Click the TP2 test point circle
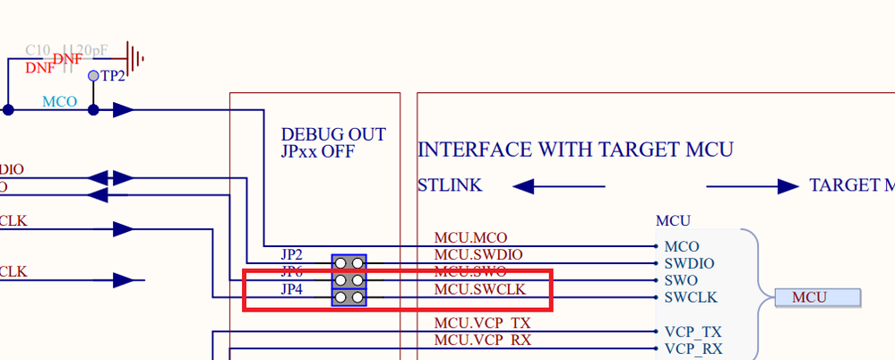coord(93,76)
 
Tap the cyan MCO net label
coord(60,102)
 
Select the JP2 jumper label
coord(292,254)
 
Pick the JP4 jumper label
coord(292,289)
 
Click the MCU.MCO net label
coord(470,238)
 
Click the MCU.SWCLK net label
coord(479,289)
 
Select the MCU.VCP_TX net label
coord(482,323)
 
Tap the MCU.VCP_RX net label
coord(482,340)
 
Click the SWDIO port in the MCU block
coord(689,263)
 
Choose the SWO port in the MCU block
coord(680,280)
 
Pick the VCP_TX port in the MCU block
coord(693,331)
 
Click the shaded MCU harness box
coord(818,297)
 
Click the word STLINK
coord(450,186)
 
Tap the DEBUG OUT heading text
coord(333,135)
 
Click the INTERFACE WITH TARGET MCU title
coord(575,149)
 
